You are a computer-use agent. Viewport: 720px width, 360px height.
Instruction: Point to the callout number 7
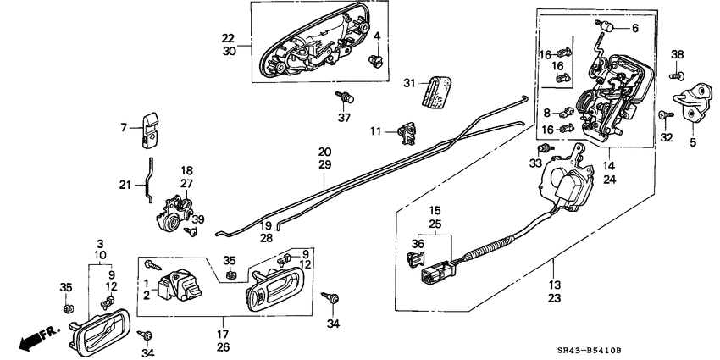[x=125, y=127]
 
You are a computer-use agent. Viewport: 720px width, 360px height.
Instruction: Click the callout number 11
[x=375, y=130]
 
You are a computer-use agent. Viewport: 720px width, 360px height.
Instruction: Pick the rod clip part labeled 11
[x=407, y=130]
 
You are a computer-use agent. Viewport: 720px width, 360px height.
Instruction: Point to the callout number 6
[x=636, y=27]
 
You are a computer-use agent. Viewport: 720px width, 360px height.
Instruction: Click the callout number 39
[x=199, y=219]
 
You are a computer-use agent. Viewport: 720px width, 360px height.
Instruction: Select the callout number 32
[x=667, y=137]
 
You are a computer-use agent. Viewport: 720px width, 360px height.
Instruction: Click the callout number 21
[x=125, y=185]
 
